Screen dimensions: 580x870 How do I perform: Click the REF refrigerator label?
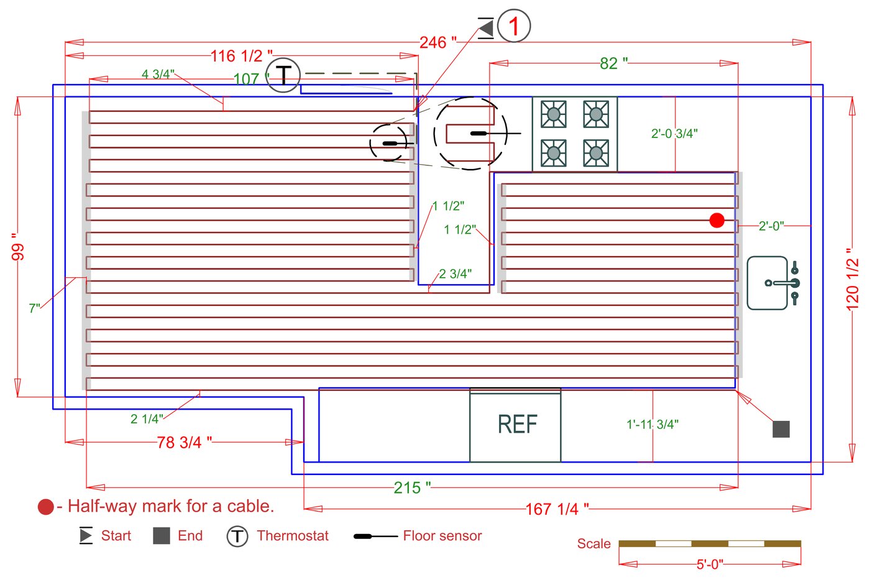517,425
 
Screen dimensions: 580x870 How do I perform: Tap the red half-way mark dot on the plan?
717,220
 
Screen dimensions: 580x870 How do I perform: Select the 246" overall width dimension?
437,42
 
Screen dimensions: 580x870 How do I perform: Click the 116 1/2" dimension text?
241,56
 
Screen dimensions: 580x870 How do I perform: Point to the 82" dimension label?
613,63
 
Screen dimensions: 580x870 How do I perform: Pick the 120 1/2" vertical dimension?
853,279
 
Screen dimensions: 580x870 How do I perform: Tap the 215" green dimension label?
412,487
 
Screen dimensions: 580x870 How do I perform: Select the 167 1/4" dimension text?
557,509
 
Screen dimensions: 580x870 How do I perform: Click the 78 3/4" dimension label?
184,442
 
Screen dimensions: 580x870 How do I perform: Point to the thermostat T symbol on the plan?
283,75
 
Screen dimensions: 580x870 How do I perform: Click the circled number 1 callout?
514,26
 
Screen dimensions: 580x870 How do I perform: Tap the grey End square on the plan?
781,429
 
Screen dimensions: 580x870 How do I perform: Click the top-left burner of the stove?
553,114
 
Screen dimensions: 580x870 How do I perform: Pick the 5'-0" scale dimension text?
710,564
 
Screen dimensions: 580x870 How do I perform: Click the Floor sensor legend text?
442,536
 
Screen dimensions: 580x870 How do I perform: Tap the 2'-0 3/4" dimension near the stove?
674,133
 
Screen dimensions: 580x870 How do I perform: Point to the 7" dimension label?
34,308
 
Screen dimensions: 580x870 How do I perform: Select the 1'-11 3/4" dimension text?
652,425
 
